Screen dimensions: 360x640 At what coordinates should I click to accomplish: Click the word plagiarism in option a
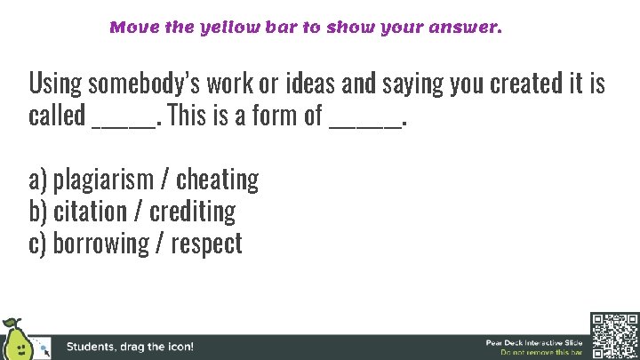(x=102, y=180)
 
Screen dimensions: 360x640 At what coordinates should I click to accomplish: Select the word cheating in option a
(x=217, y=180)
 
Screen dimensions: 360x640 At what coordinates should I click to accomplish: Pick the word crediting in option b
(x=192, y=212)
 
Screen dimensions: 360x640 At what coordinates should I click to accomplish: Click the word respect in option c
(x=206, y=243)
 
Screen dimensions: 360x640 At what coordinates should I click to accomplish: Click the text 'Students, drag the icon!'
(x=130, y=347)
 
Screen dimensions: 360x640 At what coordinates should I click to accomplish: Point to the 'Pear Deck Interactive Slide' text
(x=533, y=342)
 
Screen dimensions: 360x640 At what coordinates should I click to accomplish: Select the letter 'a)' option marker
(x=37, y=180)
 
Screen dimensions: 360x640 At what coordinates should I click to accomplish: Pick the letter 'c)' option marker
(x=37, y=243)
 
